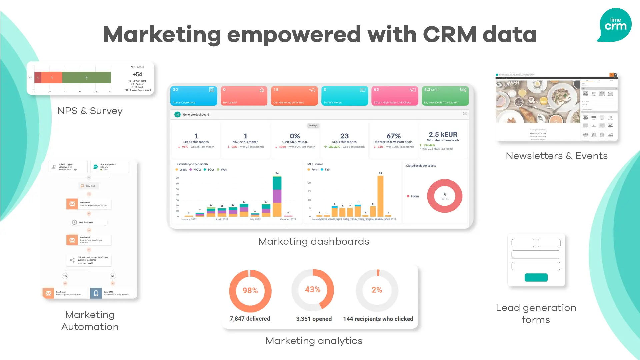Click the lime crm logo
(x=615, y=25)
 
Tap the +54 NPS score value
(x=137, y=74)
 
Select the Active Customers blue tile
(x=194, y=96)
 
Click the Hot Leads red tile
(x=244, y=96)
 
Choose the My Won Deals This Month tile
(x=445, y=96)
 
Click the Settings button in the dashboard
(x=313, y=126)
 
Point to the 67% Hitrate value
(x=393, y=136)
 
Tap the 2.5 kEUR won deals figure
(x=443, y=134)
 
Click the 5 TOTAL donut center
(x=444, y=196)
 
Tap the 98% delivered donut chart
(x=250, y=291)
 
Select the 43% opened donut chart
(x=313, y=290)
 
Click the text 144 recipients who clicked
(x=378, y=319)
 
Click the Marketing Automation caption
(x=90, y=320)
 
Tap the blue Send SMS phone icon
(x=96, y=293)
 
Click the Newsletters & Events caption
(x=556, y=156)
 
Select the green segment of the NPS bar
(x=87, y=77)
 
